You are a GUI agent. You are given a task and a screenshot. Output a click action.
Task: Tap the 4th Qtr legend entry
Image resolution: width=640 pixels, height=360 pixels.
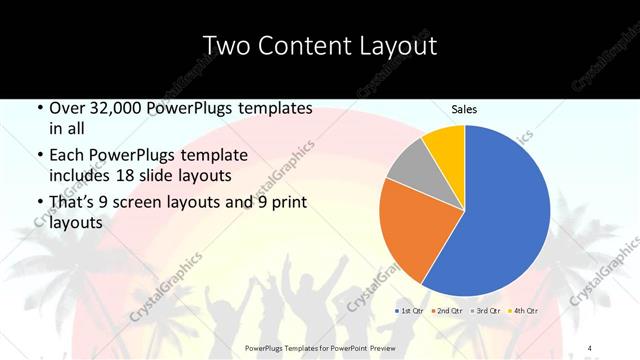(x=526, y=311)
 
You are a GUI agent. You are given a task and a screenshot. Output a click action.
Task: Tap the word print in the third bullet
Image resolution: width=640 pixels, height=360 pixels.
(x=289, y=205)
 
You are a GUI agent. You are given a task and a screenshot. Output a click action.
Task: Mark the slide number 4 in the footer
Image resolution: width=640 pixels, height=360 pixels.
(x=590, y=348)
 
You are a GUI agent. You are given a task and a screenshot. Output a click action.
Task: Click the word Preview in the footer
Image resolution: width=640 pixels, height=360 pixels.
(x=367, y=348)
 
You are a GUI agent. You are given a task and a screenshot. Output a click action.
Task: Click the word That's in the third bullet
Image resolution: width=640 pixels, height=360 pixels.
(x=72, y=205)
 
